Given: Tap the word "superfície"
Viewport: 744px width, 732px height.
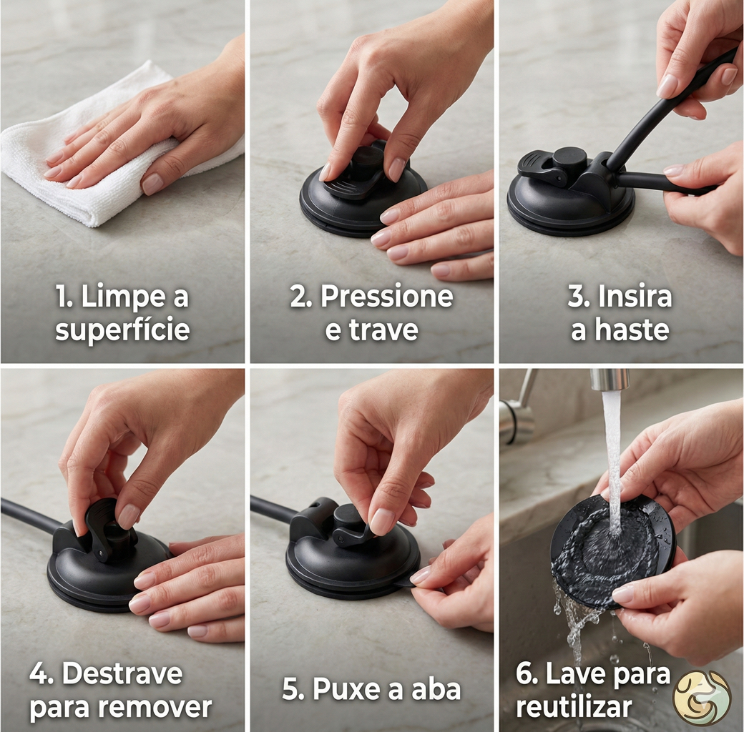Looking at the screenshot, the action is [122, 330].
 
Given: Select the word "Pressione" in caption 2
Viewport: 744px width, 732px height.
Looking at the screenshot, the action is [387, 297].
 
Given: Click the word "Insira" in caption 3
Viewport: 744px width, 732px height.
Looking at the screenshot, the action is [635, 297].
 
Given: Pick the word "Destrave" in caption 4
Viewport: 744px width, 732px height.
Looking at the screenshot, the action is [122, 673].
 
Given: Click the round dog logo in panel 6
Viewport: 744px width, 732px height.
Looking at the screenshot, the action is [702, 698].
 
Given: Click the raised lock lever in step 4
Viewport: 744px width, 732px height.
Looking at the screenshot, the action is [102, 526].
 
